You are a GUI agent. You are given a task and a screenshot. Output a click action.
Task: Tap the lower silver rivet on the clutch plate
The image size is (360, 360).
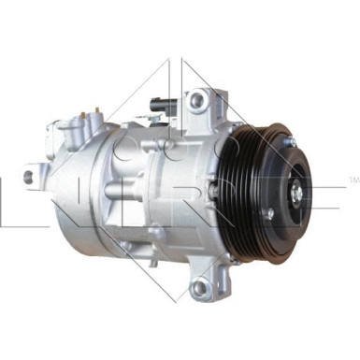270,212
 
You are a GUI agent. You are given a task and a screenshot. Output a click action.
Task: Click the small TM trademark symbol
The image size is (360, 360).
353,179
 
